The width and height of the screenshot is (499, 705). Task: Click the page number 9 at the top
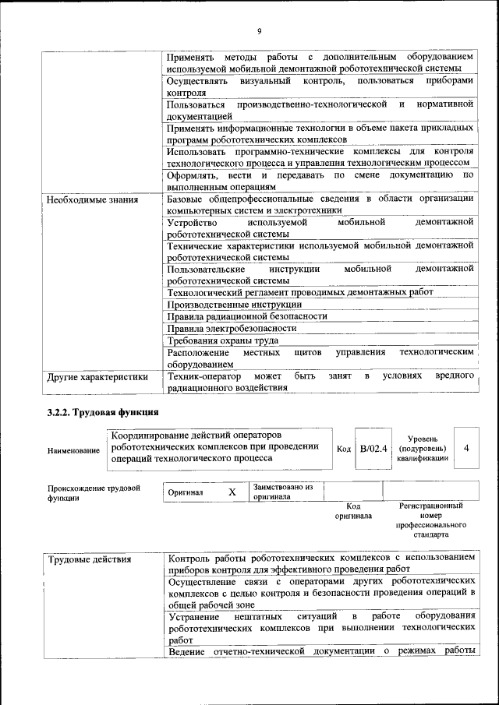259,31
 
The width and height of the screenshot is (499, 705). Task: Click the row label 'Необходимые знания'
92,200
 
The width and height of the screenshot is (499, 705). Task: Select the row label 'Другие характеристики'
97,377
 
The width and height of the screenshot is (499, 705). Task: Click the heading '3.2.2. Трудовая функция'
103,412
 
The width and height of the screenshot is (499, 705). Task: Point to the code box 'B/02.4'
373,449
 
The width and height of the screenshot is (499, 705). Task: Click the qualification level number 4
465,449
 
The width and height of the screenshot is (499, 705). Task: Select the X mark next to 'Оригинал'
232,492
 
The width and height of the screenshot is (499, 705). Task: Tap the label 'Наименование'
73,451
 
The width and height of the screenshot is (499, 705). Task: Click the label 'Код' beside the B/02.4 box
343,449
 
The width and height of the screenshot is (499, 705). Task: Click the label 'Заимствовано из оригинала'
281,492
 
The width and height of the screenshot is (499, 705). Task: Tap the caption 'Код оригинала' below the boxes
353,511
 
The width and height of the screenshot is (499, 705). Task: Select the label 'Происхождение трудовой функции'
94,493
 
